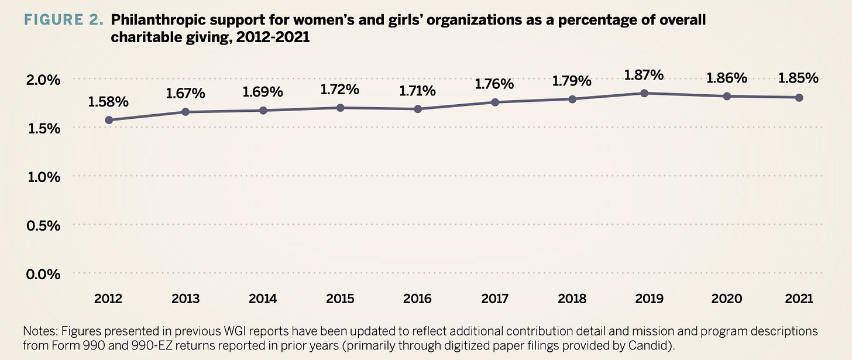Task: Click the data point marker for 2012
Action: (x=109, y=120)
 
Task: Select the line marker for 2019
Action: (x=644, y=93)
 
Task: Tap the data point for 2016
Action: (x=418, y=109)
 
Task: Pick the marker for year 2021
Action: (x=799, y=97)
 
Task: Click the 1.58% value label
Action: (x=108, y=102)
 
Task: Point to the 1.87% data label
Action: (x=644, y=75)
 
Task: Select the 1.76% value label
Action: (x=494, y=84)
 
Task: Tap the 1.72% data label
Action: (x=341, y=90)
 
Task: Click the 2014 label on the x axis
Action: (x=263, y=299)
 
